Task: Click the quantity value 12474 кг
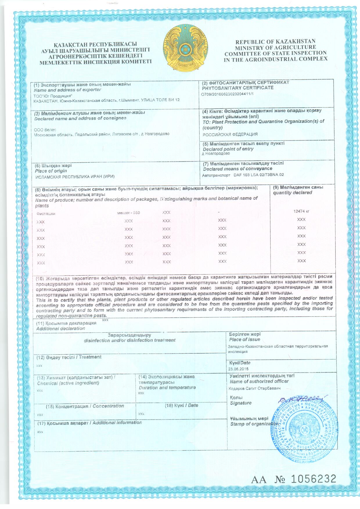point(301,211)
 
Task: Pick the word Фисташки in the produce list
point(46,214)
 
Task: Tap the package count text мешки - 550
point(128,213)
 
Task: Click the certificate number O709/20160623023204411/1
point(227,94)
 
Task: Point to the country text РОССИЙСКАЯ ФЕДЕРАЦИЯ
point(230,134)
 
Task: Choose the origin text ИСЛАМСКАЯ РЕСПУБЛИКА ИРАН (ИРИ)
point(75,177)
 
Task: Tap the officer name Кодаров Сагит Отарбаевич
point(254,388)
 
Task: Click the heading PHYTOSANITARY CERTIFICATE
point(238,87)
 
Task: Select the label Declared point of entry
point(228,149)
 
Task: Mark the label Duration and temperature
point(167,387)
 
